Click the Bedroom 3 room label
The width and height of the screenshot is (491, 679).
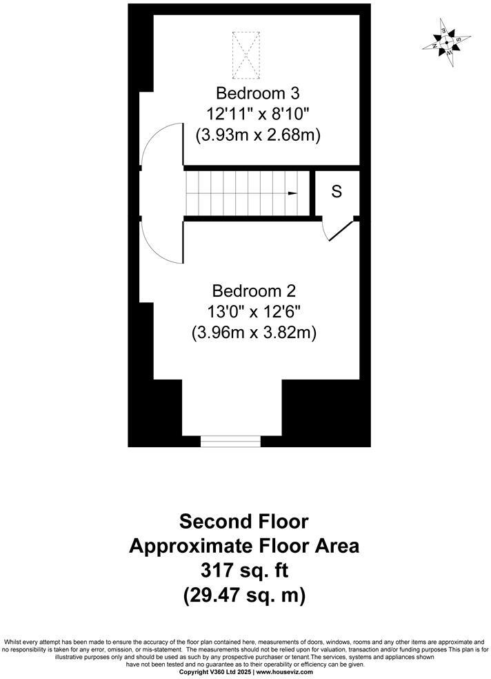coord(258,92)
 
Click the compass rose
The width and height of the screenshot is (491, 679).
coord(447,43)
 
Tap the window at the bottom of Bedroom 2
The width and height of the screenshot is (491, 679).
coord(230,440)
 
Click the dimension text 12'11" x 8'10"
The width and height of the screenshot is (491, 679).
coord(258,114)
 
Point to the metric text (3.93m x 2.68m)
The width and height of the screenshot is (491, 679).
coord(258,135)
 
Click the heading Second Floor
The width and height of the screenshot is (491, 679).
coord(244,520)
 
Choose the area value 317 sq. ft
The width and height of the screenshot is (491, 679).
coord(244,570)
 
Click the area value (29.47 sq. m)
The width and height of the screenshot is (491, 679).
coord(244,595)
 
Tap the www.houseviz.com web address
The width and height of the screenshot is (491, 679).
coord(283,671)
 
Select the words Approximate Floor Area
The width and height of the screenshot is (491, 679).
coord(244,546)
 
